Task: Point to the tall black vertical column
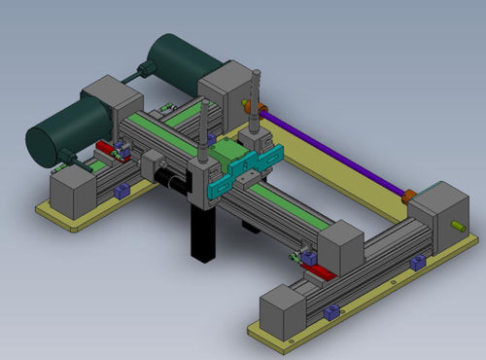[202, 234]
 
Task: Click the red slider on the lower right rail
[318, 271]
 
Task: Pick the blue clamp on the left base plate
[121, 191]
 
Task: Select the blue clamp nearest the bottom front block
[330, 310]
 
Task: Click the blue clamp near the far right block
[417, 262]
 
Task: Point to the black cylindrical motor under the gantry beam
[175, 183]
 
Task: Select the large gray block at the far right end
[435, 209]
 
